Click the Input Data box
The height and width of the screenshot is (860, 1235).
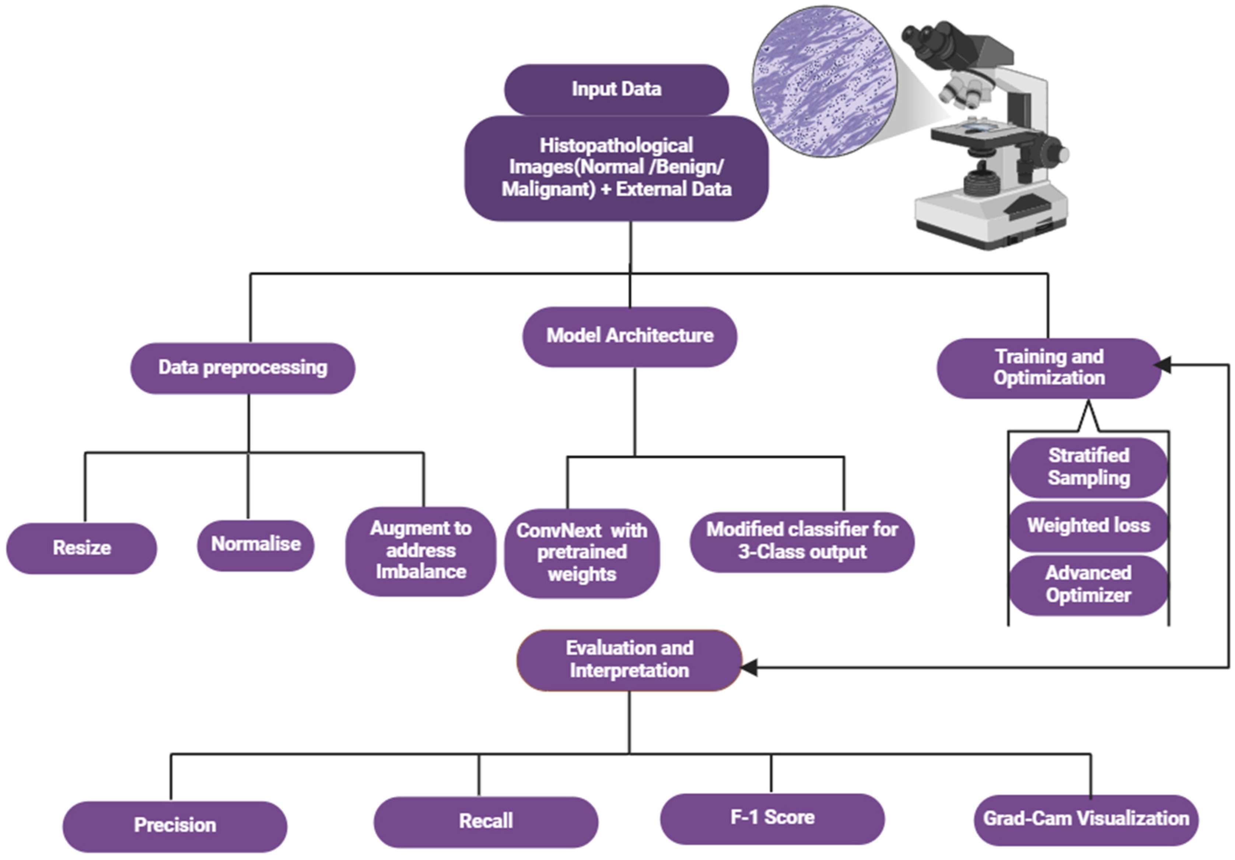(616, 89)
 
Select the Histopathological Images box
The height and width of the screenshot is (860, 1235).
(616, 168)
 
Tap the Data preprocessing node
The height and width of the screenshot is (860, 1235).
(242, 368)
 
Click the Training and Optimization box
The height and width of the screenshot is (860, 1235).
(1049, 368)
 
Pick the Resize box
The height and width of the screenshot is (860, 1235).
(82, 548)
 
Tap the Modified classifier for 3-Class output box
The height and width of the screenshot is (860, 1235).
(802, 541)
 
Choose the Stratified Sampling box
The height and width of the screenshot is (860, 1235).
(1089, 467)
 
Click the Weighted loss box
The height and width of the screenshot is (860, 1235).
(1089, 525)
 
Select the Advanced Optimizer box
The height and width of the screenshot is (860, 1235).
(1089, 585)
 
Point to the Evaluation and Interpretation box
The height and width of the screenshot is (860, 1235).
(629, 660)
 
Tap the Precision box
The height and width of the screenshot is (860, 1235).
(175, 826)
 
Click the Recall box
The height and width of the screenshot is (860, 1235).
(486, 821)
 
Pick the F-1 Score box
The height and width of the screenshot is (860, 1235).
(772, 818)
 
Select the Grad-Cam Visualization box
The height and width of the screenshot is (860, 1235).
(1086, 819)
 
